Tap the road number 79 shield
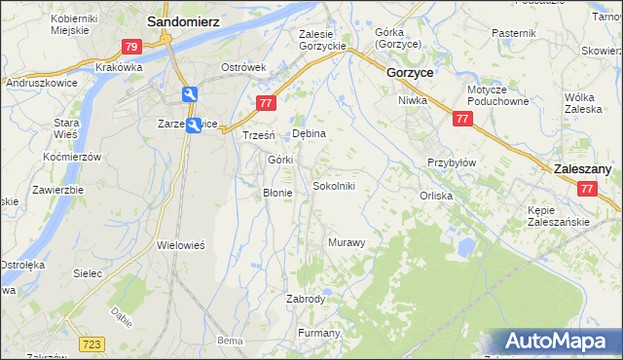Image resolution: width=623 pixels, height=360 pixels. click(x=133, y=46)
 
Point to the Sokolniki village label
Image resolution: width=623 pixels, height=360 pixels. click(x=340, y=185)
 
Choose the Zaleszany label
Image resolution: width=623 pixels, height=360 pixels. click(x=581, y=168)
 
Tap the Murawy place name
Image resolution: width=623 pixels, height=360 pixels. click(x=347, y=242)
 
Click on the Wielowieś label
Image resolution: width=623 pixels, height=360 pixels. click(x=181, y=245)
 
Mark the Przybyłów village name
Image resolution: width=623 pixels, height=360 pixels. click(x=452, y=162)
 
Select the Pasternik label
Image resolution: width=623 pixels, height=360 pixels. click(x=514, y=34)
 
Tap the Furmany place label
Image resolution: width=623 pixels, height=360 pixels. click(x=319, y=334)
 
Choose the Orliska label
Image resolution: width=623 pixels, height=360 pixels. click(x=436, y=196)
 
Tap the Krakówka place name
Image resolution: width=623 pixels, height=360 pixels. click(x=120, y=67)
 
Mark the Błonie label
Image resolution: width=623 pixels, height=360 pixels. click(x=277, y=193)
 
